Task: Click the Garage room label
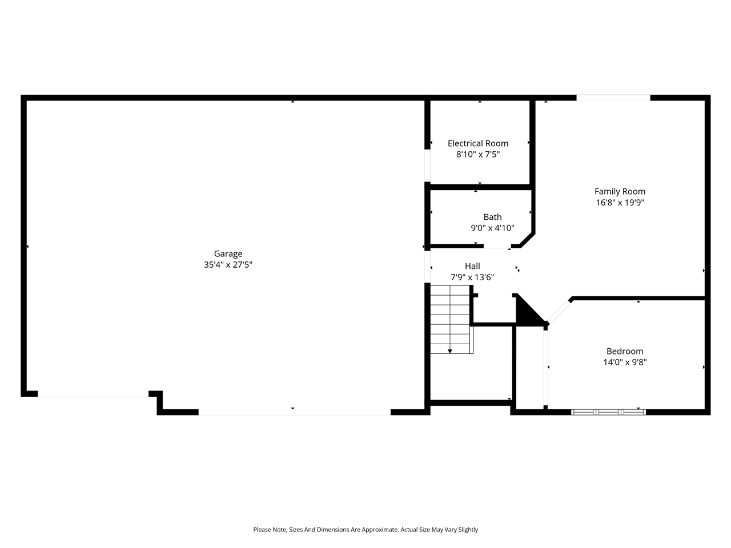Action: point(228,254)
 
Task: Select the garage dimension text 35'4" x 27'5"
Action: point(228,265)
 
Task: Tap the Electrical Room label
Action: point(477,143)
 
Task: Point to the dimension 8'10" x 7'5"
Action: point(477,154)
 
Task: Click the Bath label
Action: point(492,217)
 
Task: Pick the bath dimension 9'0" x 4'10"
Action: point(492,228)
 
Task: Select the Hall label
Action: point(472,266)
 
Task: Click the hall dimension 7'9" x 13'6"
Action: point(472,277)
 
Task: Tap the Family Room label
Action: point(620,192)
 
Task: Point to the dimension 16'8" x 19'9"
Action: point(620,203)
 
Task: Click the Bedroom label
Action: point(625,352)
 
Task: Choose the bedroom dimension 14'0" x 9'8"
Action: point(625,362)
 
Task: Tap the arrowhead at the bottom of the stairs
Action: point(450,351)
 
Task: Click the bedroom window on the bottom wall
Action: point(608,411)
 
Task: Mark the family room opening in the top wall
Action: point(613,98)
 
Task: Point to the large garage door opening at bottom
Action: point(294,412)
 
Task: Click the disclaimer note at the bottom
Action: point(365,530)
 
